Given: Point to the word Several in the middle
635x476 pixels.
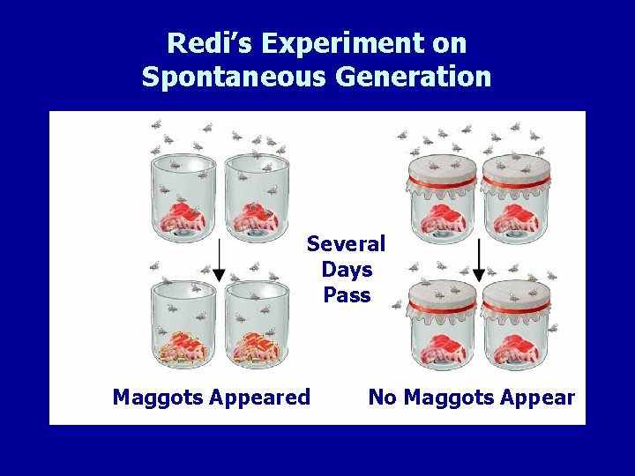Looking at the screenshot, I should [x=346, y=243].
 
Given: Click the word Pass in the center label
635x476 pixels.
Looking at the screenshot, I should [x=347, y=294].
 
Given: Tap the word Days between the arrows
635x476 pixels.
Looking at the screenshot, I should [x=347, y=269].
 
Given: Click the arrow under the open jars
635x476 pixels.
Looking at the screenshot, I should [x=220, y=260].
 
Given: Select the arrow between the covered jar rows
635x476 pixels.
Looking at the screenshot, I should [x=480, y=260].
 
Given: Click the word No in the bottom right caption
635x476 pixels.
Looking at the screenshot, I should [x=382, y=398].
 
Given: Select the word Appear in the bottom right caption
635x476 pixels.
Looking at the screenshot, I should [x=538, y=398].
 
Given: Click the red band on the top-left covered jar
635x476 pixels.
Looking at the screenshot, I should [x=442, y=183].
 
